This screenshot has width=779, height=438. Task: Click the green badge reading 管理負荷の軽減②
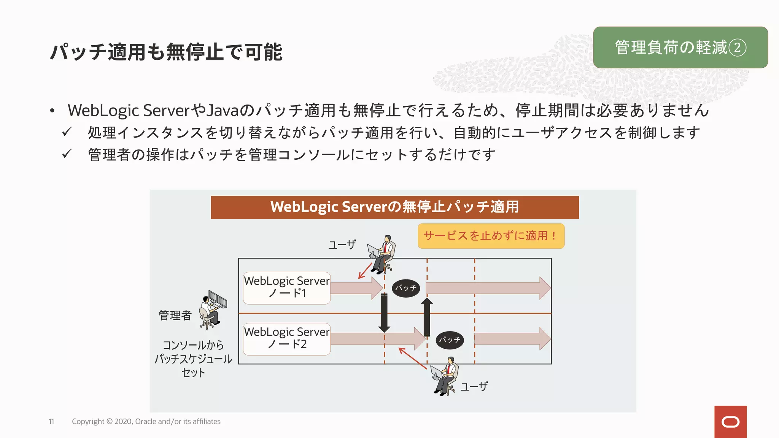(x=680, y=48)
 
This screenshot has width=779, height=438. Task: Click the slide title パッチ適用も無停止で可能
(x=166, y=52)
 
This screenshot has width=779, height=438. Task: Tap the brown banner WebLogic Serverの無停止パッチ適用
(x=394, y=207)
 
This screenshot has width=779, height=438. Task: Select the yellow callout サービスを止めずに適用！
(x=491, y=236)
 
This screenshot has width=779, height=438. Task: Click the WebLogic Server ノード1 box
(x=287, y=288)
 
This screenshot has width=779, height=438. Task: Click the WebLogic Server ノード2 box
(x=287, y=339)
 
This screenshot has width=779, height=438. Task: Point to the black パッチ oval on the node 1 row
(x=405, y=288)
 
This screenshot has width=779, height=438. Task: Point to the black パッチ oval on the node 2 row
(x=449, y=340)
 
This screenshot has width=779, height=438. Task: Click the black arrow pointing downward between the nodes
(x=384, y=313)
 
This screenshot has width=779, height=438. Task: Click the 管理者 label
(x=175, y=315)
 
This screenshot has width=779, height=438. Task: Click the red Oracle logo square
(x=730, y=422)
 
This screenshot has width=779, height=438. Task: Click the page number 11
(x=51, y=421)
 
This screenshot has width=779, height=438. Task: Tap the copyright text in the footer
(x=146, y=421)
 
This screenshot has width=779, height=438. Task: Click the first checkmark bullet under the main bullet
(x=67, y=132)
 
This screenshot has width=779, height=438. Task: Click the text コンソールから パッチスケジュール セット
(x=193, y=359)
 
